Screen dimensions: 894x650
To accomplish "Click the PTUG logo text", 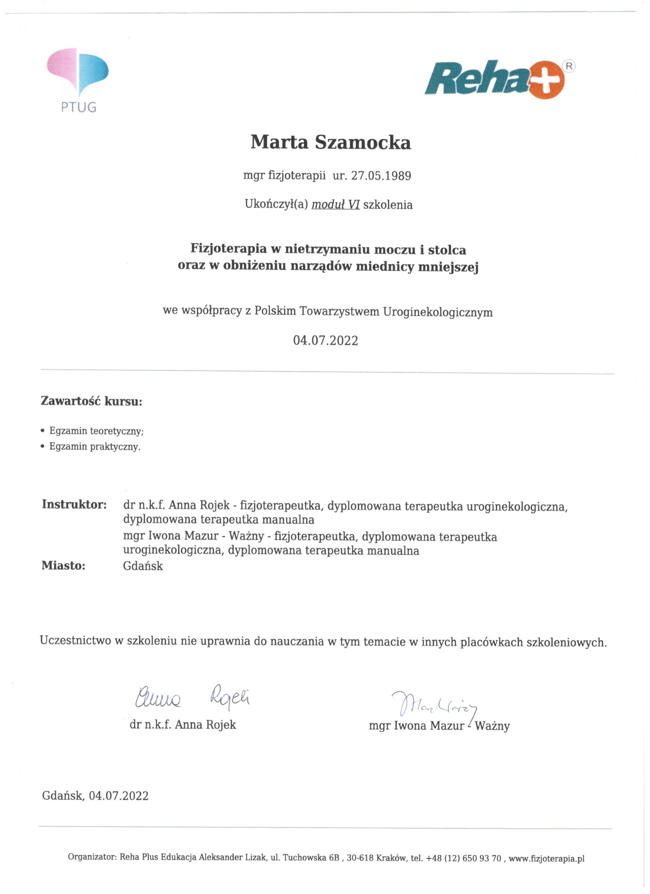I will tap(79, 107).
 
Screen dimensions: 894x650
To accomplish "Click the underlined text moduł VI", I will tap(335, 205).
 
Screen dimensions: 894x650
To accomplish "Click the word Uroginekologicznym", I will tap(438, 312).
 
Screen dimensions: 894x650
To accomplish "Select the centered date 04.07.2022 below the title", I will tap(326, 340).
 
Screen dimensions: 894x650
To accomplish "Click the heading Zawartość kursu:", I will tap(92, 401).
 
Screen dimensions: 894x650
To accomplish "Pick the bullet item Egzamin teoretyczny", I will tap(96, 431).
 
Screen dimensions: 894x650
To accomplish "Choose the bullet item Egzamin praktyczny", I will tap(95, 447).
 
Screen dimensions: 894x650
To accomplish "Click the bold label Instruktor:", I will tap(74, 504).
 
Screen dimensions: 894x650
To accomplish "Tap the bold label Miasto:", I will tap(64, 566).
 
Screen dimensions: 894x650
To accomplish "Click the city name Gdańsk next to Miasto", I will tap(143, 566).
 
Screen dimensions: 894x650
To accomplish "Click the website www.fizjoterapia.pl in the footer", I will tap(546, 858).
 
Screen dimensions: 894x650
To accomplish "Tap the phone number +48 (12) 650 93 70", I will tap(463, 858).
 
